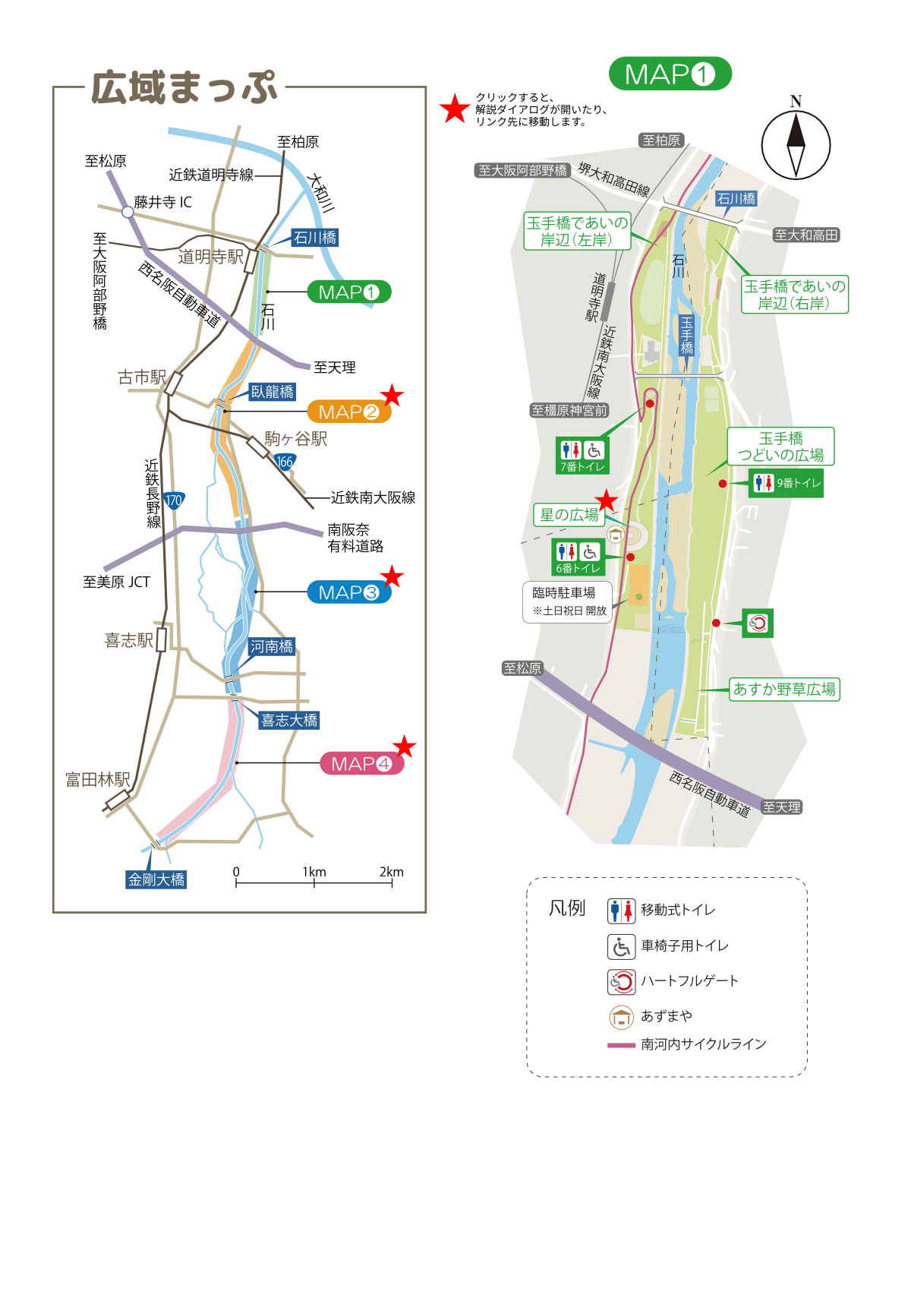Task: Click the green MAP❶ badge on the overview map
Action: (348, 292)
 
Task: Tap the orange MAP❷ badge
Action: (348, 412)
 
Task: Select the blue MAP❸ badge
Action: (348, 592)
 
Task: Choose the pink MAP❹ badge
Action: (361, 764)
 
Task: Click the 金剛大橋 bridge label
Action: (156, 879)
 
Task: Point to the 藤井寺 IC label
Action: (162, 202)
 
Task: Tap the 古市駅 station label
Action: (142, 377)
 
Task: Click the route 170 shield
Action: (174, 500)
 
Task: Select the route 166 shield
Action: (284, 462)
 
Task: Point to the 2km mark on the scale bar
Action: (392, 882)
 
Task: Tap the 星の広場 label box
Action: (569, 515)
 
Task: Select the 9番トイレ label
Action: (786, 483)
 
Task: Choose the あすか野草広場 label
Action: (784, 690)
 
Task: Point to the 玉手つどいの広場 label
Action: (780, 447)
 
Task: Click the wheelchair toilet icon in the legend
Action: (621, 946)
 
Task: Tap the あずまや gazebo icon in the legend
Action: (621, 1017)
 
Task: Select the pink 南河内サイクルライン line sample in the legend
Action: (621, 1046)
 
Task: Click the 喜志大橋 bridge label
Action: (289, 720)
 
